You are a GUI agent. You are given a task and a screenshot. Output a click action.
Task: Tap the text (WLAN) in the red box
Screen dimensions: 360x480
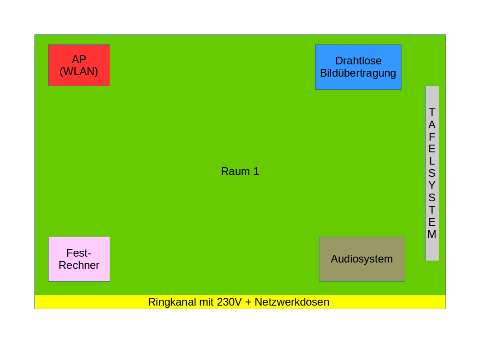pos(79,72)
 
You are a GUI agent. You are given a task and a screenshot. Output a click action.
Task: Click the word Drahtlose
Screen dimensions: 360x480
pos(358,61)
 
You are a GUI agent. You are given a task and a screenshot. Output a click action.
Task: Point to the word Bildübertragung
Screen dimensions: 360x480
pos(358,73)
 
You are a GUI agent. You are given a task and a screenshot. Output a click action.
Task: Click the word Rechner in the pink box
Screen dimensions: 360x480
pos(79,265)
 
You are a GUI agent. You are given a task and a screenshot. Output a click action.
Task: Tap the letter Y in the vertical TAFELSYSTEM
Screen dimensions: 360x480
pos(432,185)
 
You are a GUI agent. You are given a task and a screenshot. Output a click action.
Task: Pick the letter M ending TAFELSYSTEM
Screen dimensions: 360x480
pos(432,234)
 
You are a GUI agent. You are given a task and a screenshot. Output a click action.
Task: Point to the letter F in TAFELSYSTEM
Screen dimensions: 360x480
pos(432,136)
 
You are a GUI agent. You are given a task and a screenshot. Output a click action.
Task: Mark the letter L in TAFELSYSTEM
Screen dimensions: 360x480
pos(432,161)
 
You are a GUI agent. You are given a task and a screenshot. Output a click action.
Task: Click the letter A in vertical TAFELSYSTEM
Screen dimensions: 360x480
pos(432,124)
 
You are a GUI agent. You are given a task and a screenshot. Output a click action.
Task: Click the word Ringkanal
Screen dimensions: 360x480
pos(172,302)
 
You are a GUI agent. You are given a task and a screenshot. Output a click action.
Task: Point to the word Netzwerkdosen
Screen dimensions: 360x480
pos(292,302)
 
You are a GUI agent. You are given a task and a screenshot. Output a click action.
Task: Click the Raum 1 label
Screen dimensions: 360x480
pos(240,171)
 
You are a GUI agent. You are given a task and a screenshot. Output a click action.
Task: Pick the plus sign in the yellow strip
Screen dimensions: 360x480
pos(248,302)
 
